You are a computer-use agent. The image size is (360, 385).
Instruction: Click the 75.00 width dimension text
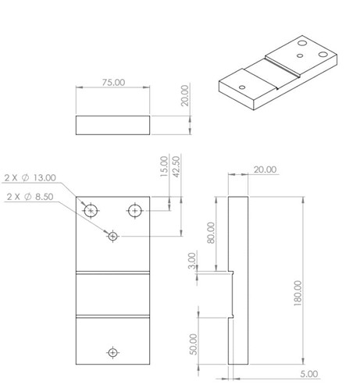click(114, 82)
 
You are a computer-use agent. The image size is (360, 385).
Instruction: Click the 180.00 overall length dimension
click(298, 294)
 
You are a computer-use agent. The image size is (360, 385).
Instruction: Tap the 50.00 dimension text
click(194, 344)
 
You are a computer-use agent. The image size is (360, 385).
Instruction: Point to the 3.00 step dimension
click(192, 260)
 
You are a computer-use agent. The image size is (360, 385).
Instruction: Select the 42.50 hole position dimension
click(176, 166)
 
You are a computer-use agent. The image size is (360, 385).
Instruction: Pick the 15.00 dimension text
click(164, 165)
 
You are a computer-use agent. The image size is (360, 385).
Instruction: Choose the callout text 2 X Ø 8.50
click(30, 197)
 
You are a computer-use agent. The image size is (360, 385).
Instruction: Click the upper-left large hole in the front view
click(92, 209)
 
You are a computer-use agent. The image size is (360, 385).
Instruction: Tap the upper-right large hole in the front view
click(135, 209)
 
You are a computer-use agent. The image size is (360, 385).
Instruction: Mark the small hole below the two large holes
click(113, 235)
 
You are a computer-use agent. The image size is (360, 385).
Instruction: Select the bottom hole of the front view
click(113, 353)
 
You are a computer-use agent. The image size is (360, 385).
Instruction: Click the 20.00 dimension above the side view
click(265, 169)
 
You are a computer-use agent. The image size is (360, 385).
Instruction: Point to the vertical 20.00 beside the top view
click(185, 96)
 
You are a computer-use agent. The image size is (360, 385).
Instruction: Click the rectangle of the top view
click(113, 126)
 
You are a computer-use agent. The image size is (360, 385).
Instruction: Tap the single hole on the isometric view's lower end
click(242, 86)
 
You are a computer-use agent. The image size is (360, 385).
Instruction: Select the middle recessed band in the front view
click(113, 294)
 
